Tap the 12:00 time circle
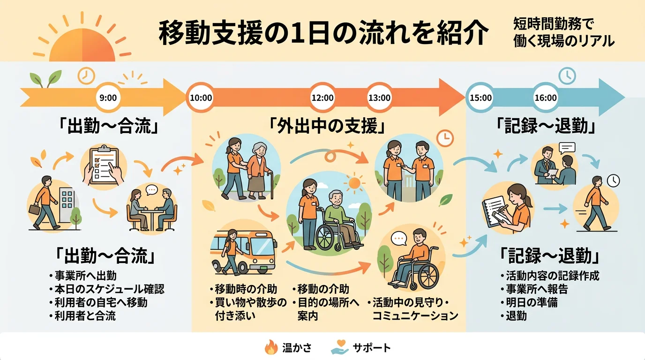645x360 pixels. [x=322, y=98]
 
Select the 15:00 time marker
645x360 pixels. [x=480, y=98]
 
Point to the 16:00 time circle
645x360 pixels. [x=546, y=98]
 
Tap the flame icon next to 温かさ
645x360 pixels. [x=271, y=348]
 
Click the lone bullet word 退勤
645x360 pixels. [x=516, y=315]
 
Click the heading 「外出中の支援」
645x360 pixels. [x=328, y=127]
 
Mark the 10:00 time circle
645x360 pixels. [x=201, y=98]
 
